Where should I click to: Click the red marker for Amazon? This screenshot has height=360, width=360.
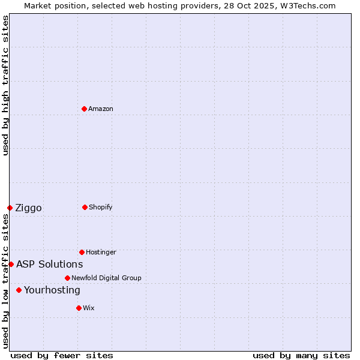[x=85, y=109]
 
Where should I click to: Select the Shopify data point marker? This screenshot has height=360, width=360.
[x=85, y=207]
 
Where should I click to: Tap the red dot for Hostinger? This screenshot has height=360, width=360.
[x=82, y=252]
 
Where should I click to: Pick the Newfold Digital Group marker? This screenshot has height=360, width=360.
[x=67, y=278]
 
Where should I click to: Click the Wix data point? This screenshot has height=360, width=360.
[x=79, y=308]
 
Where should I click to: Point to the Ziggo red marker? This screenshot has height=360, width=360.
[x=10, y=208]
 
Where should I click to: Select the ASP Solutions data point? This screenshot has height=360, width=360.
[x=11, y=264]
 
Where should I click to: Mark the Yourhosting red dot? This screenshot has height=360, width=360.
[x=19, y=290]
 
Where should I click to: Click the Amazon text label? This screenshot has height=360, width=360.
[x=101, y=109]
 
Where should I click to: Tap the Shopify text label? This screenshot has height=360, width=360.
[x=101, y=207]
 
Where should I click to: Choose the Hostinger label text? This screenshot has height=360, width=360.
[x=101, y=252]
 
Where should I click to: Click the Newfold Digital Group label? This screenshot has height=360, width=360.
[x=106, y=278]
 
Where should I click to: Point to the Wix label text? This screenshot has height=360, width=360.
[x=89, y=308]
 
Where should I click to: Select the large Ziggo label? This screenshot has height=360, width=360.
[x=28, y=208]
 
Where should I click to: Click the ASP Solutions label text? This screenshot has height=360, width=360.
[x=49, y=264]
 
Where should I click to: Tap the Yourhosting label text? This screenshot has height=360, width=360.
[x=52, y=290]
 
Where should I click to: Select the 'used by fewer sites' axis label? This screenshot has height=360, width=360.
[x=61, y=355]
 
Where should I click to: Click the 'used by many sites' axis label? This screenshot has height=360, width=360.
[x=301, y=355]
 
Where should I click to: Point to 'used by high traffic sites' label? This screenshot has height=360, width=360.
[x=5, y=85]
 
